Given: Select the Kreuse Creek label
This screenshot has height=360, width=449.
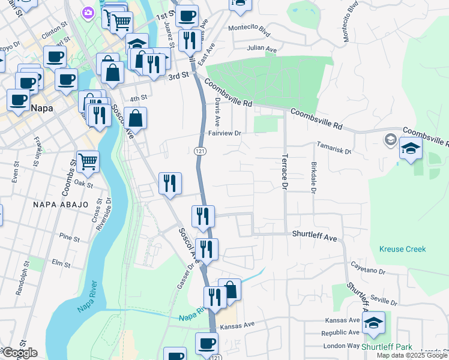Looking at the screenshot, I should [402, 249].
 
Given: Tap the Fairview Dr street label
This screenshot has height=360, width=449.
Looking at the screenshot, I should [224, 133].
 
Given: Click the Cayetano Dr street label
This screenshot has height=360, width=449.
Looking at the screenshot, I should [368, 271].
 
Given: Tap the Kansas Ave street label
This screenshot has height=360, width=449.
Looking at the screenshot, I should [238, 325].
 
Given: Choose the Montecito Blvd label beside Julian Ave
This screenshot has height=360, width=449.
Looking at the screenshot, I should [249, 28].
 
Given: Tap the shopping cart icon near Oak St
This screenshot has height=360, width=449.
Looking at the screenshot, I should [88, 161].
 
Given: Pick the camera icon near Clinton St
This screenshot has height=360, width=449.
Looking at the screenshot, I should [89, 13].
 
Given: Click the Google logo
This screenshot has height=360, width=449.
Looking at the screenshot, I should [19, 353].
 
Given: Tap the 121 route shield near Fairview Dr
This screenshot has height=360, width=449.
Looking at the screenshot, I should [200, 151].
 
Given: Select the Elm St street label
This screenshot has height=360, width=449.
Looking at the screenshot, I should [61, 263].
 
